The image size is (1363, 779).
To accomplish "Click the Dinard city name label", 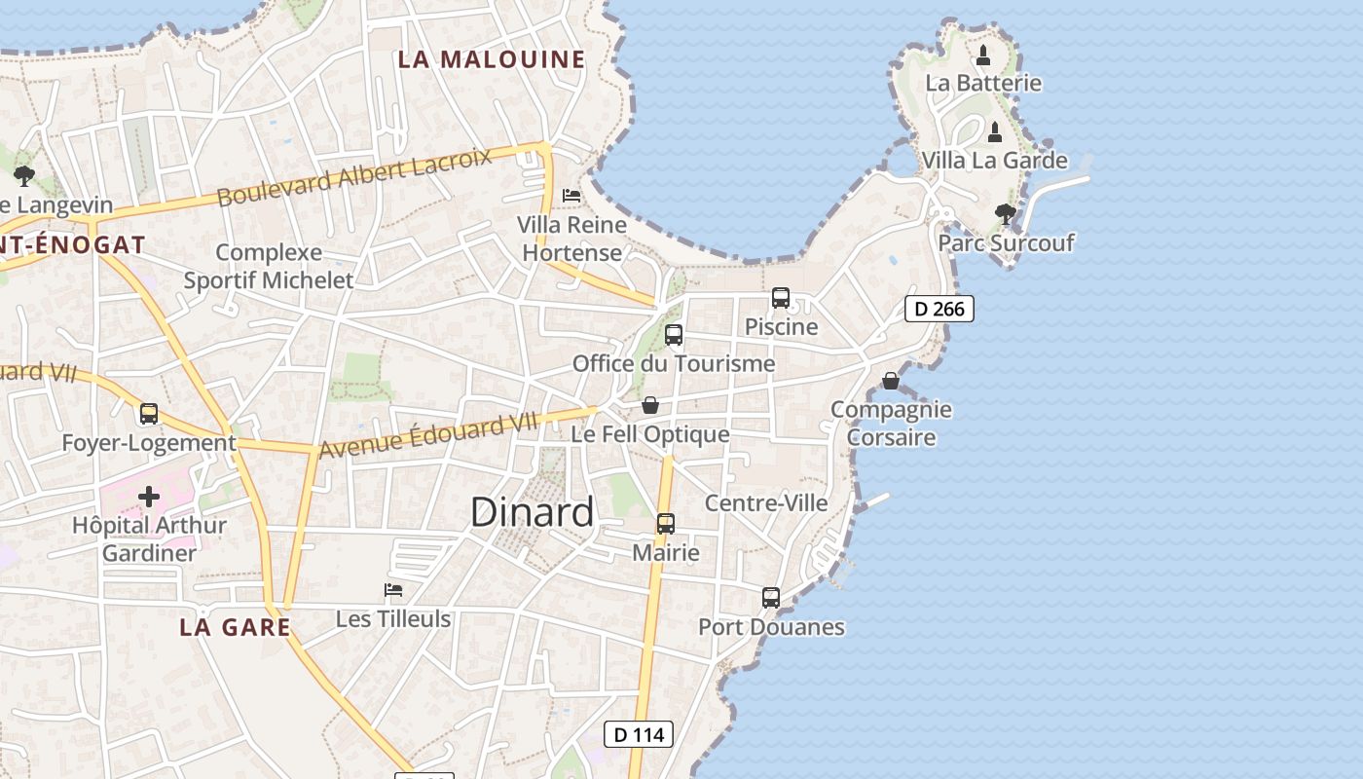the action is click(532, 512).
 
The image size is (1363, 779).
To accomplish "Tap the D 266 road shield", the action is click(939, 309).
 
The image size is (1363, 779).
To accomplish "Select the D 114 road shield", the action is click(639, 734).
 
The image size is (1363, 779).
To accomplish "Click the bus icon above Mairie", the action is click(666, 524).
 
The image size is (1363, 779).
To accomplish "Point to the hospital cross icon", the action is click(149, 497).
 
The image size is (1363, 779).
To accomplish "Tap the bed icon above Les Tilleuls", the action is click(393, 590).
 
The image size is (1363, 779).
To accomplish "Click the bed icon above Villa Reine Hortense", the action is click(571, 196).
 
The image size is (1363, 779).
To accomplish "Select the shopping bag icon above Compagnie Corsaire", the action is click(891, 381).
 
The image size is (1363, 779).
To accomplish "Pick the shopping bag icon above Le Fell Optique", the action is click(650, 405).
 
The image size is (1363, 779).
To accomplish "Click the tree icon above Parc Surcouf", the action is click(1005, 213).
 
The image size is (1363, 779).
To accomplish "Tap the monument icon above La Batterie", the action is click(983, 55).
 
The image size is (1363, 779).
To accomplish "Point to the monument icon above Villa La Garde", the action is click(995, 131).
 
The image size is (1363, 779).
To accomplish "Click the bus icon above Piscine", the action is click(781, 298).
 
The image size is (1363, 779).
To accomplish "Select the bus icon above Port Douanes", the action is click(771, 598).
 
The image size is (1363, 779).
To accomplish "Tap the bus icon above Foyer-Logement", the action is click(149, 414).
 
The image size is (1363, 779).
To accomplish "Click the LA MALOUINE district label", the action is click(492, 59).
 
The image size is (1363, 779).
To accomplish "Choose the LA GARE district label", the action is click(236, 627).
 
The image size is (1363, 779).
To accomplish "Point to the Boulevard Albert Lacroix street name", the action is click(354, 177).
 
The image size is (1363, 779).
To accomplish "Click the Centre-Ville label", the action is click(766, 503).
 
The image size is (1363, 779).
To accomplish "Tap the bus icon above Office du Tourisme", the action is click(674, 336).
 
